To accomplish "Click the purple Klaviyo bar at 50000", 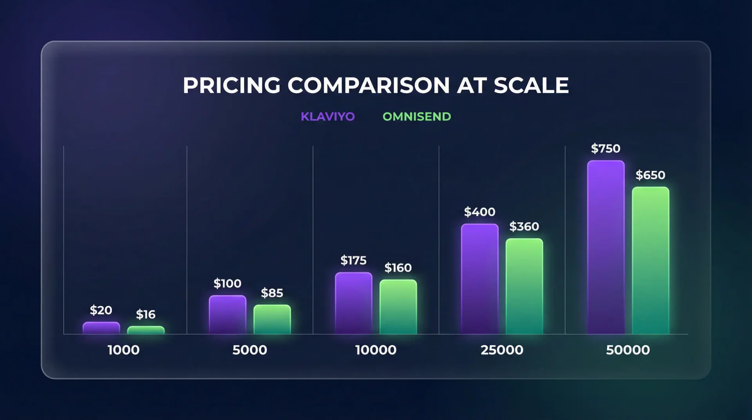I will [x=606, y=247].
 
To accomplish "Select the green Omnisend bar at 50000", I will [x=650, y=261].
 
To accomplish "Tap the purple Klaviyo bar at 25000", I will [x=479, y=279].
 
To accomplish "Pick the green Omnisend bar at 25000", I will [x=524, y=286].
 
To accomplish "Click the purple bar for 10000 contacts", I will [x=353, y=303].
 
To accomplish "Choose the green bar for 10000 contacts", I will [x=398, y=307].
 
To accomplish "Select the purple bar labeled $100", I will [x=227, y=315].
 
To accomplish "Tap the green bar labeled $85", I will [x=272, y=319].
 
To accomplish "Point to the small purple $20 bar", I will [x=101, y=328].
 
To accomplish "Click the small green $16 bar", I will [x=146, y=330].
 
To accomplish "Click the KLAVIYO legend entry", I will [x=327, y=117].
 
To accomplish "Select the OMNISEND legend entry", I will [x=417, y=117].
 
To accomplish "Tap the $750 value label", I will [x=606, y=148].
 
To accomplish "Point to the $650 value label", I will [x=650, y=175].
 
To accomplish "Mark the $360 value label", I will [x=524, y=226].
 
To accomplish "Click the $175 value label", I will [x=353, y=260].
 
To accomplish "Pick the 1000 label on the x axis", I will [x=123, y=350].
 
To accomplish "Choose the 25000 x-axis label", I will [x=502, y=350].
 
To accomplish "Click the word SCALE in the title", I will [x=531, y=85].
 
